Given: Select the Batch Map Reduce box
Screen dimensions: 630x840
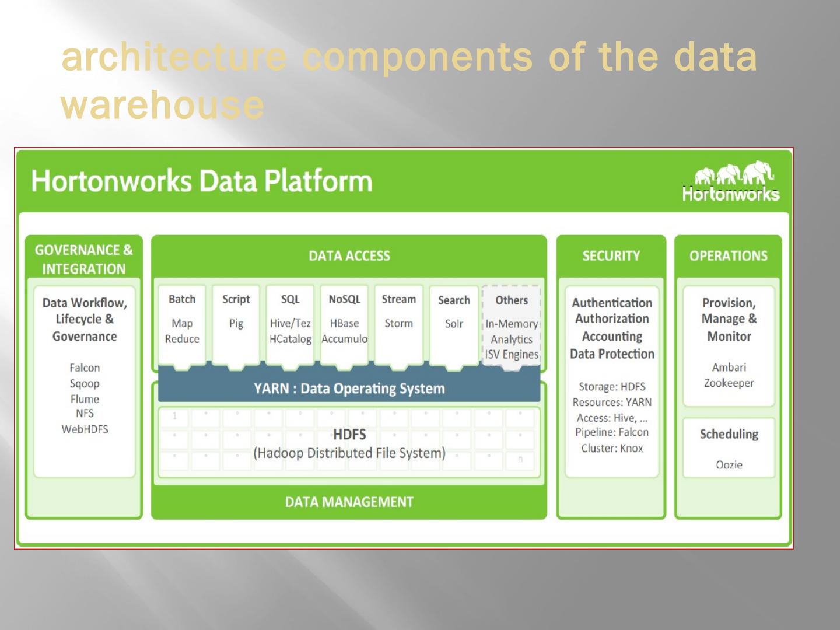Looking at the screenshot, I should (182, 324).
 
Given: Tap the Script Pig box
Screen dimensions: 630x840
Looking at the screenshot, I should (236, 324).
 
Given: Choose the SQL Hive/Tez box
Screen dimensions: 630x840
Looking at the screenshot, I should (290, 324).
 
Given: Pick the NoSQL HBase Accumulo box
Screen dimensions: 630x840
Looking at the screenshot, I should (344, 324).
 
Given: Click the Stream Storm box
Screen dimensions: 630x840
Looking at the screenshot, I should (398, 324).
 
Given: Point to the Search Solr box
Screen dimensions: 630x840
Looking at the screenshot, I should (454, 324).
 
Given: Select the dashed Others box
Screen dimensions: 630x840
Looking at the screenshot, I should (512, 325).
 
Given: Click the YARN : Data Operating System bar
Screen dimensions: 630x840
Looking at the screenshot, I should (349, 388).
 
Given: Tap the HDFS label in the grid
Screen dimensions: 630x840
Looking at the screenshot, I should (349, 435).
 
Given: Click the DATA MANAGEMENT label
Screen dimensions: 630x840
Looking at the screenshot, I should (349, 502).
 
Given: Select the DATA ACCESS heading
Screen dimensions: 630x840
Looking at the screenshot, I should (349, 256).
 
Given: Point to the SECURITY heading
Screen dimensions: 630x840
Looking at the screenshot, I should (611, 256).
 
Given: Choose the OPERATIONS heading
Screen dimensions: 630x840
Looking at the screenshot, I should (728, 256).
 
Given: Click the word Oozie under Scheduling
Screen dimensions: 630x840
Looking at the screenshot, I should (729, 465).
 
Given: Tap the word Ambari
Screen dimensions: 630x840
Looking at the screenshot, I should (729, 367).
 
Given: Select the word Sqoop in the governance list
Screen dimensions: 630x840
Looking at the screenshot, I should (85, 384).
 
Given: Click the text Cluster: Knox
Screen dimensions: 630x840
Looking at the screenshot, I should (612, 449).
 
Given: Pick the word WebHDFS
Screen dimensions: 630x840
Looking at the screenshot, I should (85, 429).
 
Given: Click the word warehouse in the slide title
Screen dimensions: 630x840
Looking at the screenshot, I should (162, 106).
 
